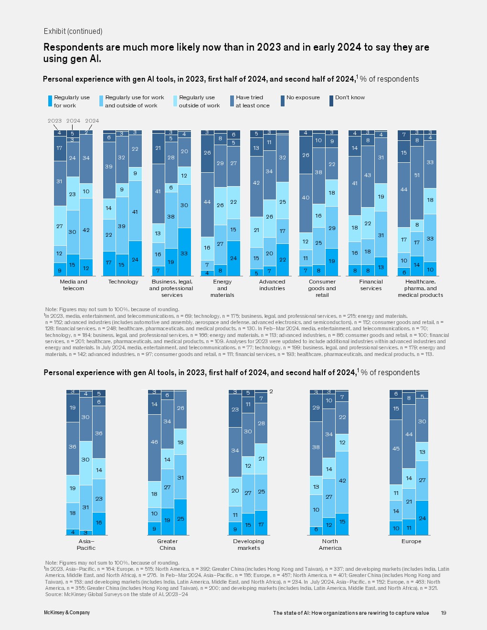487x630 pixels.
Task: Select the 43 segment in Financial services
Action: (x=368, y=176)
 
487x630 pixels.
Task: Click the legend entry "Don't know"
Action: (x=349, y=98)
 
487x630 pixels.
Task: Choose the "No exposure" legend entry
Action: (x=303, y=98)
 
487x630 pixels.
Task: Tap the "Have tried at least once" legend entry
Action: (x=252, y=101)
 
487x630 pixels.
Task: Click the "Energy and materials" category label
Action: (x=222, y=288)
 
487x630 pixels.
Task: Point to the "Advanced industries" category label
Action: (x=272, y=285)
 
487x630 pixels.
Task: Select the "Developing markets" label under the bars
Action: (x=249, y=545)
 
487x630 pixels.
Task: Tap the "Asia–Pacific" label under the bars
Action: (x=86, y=545)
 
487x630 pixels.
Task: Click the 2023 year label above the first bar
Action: (x=54, y=121)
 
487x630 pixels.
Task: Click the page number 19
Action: (x=444, y=613)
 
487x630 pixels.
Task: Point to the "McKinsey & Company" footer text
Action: (x=67, y=613)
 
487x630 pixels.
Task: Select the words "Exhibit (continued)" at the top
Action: (x=73, y=31)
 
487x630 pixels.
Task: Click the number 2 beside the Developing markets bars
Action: (x=271, y=391)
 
